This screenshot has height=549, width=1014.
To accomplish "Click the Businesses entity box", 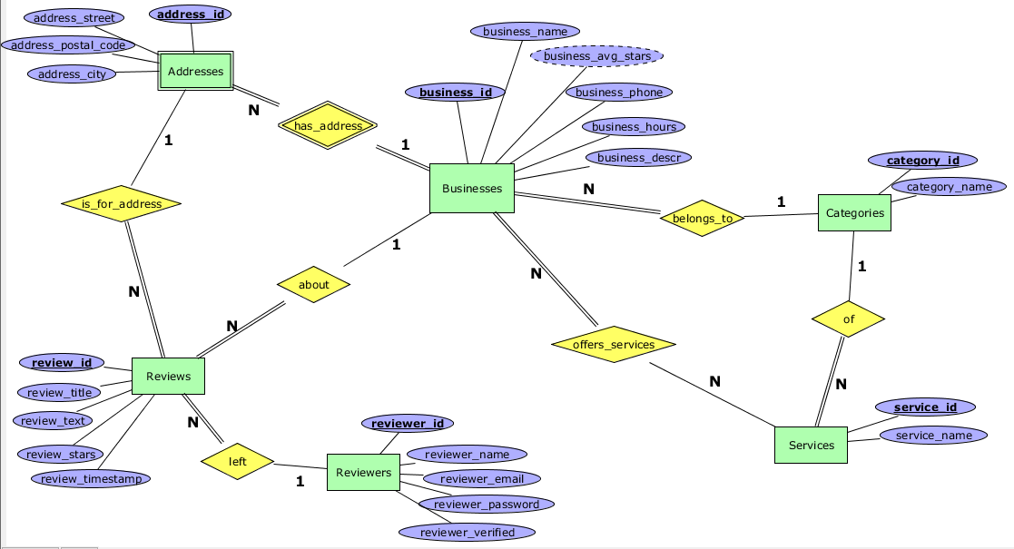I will coord(471,189).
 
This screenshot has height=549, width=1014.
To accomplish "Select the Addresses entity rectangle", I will coord(195,72).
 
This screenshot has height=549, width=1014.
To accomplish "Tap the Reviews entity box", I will coord(168,377).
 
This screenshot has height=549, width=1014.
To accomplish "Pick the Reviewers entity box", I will coord(363,472).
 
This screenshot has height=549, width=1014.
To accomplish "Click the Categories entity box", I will coord(854,213).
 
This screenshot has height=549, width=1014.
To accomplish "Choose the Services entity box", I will coord(811,445).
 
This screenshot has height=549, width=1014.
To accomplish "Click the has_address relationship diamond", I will coord(328,126).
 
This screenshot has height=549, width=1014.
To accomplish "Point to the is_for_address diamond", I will coord(122,204).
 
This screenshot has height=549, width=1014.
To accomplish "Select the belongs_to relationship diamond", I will coord(702,218).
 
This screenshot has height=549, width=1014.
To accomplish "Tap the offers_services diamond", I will coord(615,345).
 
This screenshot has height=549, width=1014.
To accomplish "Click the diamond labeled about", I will coord(314,284).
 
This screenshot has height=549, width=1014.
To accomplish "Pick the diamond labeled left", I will coord(237,461).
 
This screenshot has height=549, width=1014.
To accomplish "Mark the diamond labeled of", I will coord(848,319).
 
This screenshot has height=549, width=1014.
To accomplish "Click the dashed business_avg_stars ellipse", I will coord(597,56).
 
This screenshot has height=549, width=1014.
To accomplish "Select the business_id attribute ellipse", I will coord(456,93).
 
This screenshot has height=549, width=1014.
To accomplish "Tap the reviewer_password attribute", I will coord(486,504).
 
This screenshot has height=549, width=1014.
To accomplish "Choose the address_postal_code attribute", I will coord(68,44).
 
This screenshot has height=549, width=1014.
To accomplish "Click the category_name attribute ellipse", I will coord(949,187).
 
